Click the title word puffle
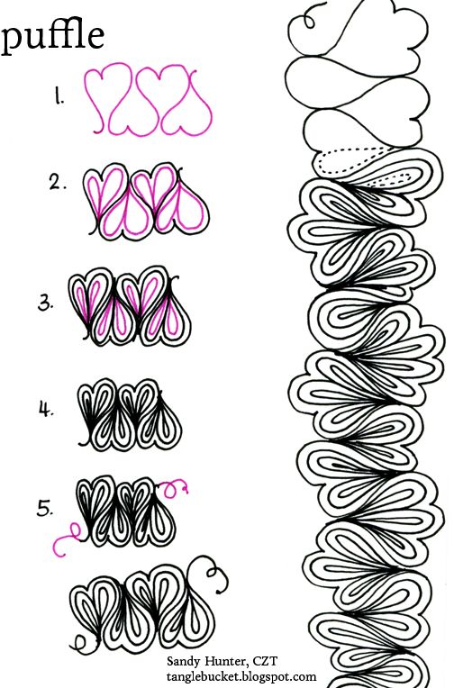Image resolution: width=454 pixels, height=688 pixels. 52,36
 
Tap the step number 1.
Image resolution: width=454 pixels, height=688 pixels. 59,96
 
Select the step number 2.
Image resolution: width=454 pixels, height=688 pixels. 58,183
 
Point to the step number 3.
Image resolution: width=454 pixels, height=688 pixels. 45,303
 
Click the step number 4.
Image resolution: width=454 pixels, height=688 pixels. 46,410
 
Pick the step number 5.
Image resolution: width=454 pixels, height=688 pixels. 45,509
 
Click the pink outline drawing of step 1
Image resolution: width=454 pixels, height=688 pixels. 149,99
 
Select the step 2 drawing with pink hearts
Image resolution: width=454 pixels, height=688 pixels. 146,203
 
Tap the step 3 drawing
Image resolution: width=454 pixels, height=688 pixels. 130,306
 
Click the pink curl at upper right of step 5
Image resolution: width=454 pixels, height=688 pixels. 174,488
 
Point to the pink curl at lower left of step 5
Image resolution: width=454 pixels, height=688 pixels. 67,539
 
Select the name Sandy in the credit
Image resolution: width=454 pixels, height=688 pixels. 184,661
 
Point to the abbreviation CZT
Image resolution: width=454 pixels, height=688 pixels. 265,661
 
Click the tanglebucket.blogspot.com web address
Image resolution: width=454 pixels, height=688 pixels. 241,676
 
